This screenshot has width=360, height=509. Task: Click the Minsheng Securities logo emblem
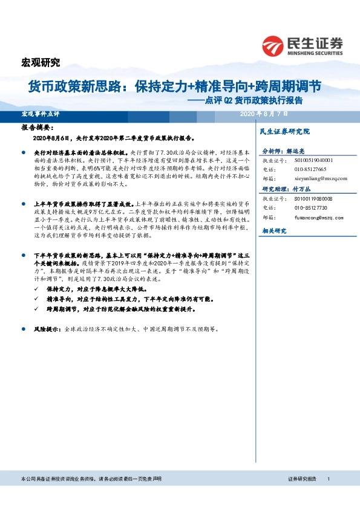tap(273, 45)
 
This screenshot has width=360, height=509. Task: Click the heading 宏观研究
tap(41, 62)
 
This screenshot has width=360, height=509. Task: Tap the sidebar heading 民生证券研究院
tap(284, 131)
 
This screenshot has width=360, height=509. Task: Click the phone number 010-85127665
tap(310, 170)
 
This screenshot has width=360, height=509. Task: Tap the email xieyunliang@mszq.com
tap(321, 179)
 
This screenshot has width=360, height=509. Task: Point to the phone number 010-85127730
tap(310, 207)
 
